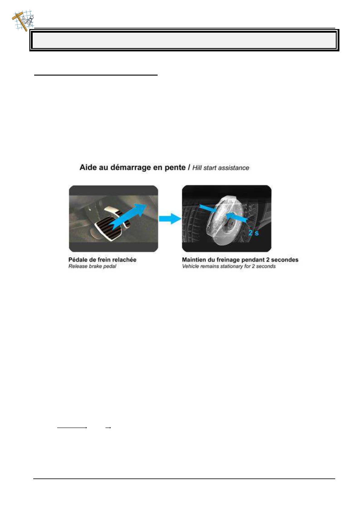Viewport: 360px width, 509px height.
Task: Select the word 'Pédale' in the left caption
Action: pyautogui.click(x=77, y=260)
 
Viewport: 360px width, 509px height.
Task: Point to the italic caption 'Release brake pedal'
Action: pyautogui.click(x=92, y=267)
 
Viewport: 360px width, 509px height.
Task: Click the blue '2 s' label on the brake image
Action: pyautogui.click(x=254, y=233)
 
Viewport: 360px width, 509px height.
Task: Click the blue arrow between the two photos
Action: pyautogui.click(x=170, y=218)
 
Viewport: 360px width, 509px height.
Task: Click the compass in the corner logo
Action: pyautogui.click(x=29, y=20)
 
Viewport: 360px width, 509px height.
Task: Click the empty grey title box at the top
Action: pyautogui.click(x=184, y=40)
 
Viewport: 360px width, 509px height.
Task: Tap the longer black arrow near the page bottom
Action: pyautogui.click(x=72, y=428)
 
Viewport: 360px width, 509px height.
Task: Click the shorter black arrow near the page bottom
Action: pyautogui.click(x=108, y=428)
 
